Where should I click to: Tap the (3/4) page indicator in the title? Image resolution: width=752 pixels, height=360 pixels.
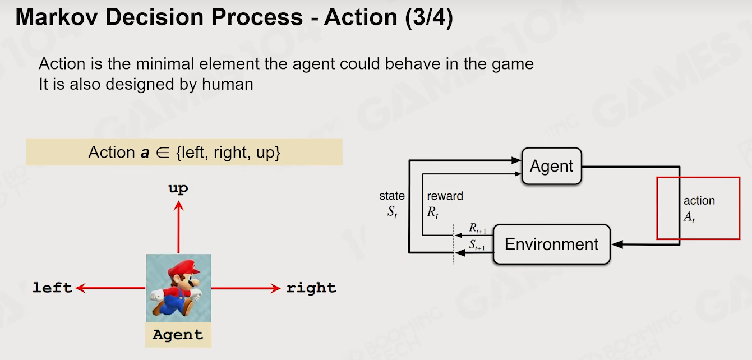[x=428, y=17]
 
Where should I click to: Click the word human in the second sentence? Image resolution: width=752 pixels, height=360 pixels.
[x=227, y=84]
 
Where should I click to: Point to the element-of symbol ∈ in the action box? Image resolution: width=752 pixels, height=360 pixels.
[x=163, y=153]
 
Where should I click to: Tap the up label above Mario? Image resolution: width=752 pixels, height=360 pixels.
[x=178, y=188]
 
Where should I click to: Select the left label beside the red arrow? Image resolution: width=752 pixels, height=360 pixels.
[x=52, y=288]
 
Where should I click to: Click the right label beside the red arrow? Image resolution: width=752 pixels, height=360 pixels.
[x=311, y=288]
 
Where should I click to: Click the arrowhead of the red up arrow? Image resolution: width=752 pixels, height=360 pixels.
[x=178, y=205]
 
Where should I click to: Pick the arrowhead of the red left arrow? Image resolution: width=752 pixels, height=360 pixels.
[x=81, y=288]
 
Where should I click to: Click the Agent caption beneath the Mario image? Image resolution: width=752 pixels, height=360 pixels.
[x=178, y=335]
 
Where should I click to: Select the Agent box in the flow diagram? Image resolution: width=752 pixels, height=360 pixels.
[x=552, y=166]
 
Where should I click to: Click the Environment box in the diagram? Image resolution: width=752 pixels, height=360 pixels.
[x=552, y=244]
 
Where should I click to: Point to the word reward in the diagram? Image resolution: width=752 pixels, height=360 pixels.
[x=445, y=196]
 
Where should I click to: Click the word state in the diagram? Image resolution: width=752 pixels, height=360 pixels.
[x=392, y=196]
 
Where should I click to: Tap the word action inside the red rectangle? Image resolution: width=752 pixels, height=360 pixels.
[x=699, y=201]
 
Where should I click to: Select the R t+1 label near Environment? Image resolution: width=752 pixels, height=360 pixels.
[x=477, y=228]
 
